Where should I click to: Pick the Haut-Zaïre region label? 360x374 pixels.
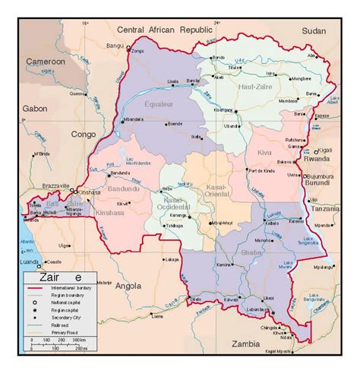point(254,88)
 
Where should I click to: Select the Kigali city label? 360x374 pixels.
point(331,151)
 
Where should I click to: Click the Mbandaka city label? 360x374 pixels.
point(134,119)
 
